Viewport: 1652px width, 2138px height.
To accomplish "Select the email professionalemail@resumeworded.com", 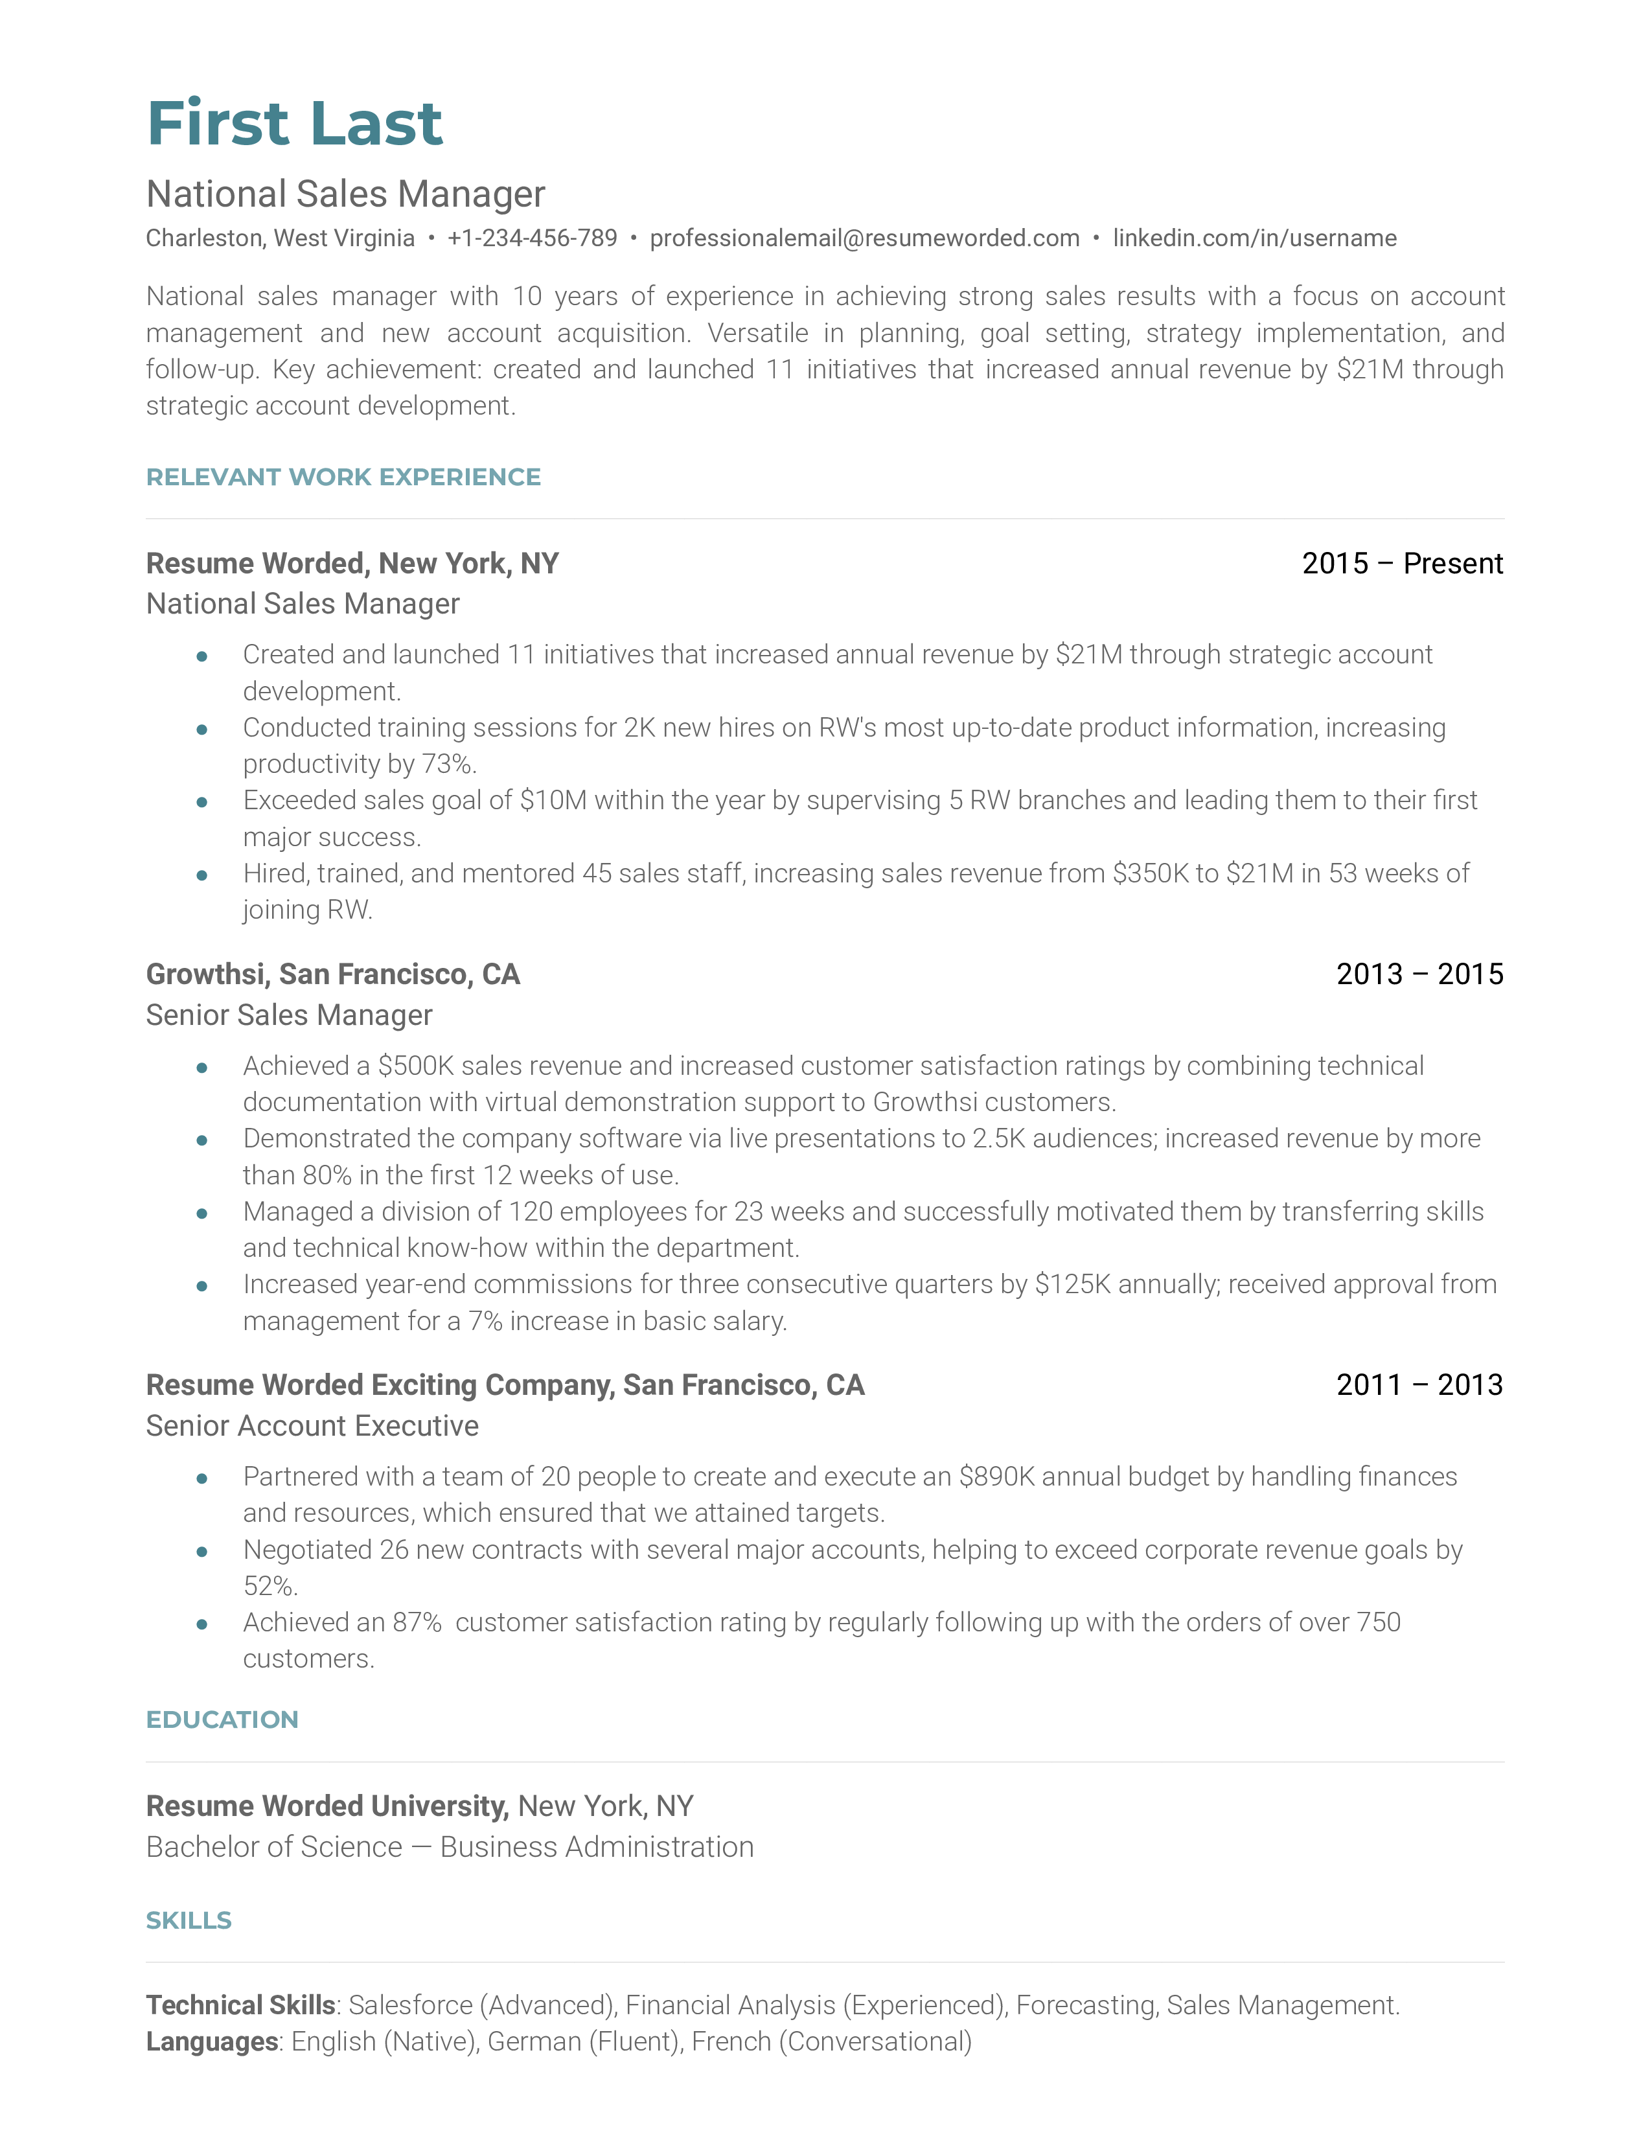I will [864, 238].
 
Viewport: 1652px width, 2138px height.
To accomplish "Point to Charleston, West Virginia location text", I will [280, 238].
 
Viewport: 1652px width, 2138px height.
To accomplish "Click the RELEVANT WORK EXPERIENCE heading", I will [343, 477].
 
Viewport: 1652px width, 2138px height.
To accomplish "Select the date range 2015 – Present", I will [1401, 564].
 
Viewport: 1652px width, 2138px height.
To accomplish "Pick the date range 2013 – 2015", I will [1419, 974].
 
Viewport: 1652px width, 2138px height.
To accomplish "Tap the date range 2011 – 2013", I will [1419, 1385].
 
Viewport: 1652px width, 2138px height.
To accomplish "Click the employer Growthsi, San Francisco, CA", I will [333, 974].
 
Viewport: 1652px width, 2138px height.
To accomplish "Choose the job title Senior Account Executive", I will [312, 1427].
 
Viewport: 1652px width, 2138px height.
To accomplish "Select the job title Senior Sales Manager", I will [289, 1015].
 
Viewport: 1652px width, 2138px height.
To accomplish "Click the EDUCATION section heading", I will [222, 1720].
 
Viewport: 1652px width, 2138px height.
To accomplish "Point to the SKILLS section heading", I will [189, 1921].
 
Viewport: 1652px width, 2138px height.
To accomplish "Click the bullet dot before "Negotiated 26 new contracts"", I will [201, 1552].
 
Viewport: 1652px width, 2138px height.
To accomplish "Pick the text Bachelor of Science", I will [274, 1847].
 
